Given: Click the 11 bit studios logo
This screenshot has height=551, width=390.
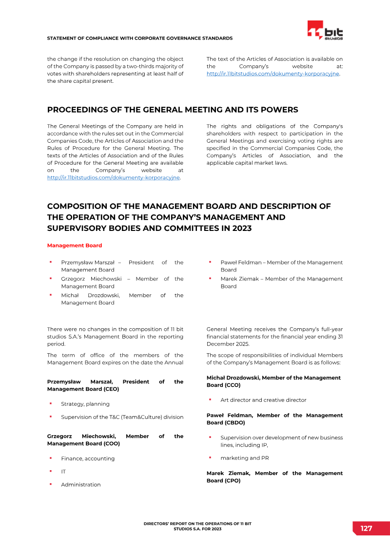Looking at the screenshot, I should (x=325, y=31).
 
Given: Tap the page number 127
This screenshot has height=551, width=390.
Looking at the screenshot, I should (x=366, y=529).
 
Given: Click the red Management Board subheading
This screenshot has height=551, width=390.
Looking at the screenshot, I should (x=75, y=246).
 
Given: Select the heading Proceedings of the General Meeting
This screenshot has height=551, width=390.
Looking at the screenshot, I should (x=173, y=110).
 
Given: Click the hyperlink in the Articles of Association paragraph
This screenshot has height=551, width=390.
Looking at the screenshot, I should (x=273, y=74).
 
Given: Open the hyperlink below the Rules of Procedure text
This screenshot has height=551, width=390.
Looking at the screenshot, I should (x=114, y=178).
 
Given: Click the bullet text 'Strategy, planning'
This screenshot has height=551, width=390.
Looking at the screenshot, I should (x=85, y=404).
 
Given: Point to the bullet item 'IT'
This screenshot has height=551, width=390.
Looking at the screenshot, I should (x=63, y=472).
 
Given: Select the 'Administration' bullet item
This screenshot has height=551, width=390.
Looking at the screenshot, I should (x=81, y=485).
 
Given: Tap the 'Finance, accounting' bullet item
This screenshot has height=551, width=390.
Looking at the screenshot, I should (x=87, y=458).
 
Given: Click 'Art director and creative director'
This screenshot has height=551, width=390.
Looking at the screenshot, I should (x=263, y=400).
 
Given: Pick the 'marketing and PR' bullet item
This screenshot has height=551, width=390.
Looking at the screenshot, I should (x=244, y=458).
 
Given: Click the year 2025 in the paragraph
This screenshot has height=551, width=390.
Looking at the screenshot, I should (x=241, y=344).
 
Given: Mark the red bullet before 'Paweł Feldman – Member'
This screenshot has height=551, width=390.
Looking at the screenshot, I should (x=210, y=262).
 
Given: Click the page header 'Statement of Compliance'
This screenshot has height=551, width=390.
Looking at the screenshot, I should (x=139, y=38).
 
